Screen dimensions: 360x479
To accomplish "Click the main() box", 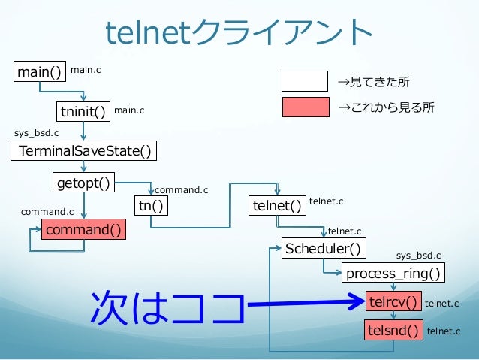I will click(40, 72).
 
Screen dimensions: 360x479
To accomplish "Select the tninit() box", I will click(82, 112).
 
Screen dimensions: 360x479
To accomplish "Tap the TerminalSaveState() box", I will click(85, 152).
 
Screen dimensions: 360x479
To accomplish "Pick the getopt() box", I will click(83, 183).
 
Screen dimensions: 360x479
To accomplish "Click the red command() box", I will click(83, 229).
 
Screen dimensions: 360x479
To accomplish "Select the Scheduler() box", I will click(321, 248).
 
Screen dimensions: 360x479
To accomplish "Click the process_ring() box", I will click(392, 272).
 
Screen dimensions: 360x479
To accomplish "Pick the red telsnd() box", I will click(393, 329).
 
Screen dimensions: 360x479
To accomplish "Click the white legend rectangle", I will click(304, 80).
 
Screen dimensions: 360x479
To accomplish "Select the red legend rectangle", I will click(304, 108).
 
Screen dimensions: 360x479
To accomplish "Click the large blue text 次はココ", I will click(167, 310).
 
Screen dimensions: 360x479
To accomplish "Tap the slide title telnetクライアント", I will click(239, 32).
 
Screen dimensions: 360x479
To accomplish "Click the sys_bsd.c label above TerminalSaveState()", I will click(37, 133).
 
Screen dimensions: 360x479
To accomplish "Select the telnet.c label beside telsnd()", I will click(444, 330).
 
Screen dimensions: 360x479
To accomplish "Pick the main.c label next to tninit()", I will click(129, 111).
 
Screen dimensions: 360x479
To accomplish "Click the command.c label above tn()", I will click(181, 191).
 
